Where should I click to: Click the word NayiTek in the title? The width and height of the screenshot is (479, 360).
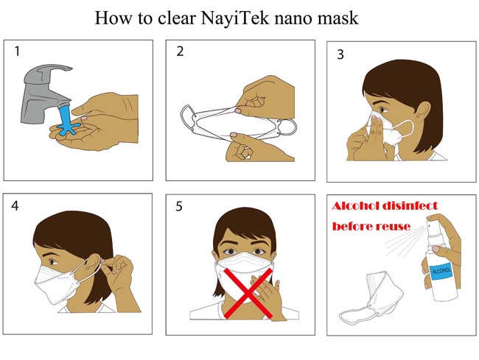[x=235, y=18]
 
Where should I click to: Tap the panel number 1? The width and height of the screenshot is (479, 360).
[x=17, y=52]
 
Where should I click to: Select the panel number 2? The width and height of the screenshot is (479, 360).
[x=180, y=52]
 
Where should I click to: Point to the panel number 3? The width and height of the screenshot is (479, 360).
[x=340, y=54]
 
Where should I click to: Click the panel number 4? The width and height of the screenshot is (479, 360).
[x=15, y=206]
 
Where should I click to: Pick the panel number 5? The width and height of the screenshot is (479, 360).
[x=179, y=207]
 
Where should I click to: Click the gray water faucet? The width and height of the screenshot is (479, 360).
[x=46, y=93]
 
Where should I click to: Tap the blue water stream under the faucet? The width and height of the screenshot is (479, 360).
[x=66, y=120]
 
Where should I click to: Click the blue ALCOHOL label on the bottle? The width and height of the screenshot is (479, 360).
[x=440, y=270]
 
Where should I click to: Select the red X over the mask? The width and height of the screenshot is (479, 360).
[x=248, y=293]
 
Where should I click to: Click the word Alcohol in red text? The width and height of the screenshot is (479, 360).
[x=355, y=206]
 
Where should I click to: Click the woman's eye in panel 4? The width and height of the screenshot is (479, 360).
[x=53, y=262]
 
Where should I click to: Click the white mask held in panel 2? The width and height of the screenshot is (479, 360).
[x=238, y=122]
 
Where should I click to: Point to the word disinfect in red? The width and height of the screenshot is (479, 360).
[x=410, y=206]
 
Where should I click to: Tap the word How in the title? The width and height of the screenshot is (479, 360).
[x=113, y=18]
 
